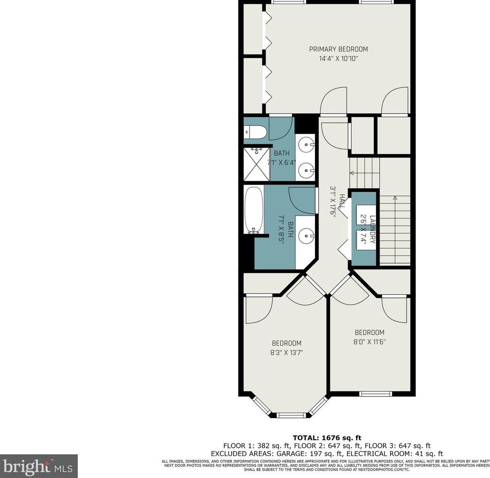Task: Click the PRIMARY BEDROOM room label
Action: point(338,49)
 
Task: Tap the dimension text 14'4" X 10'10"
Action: point(338,59)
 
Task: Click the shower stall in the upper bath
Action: point(256,164)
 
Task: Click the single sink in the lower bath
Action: point(306,237)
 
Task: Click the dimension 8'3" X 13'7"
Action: point(286,353)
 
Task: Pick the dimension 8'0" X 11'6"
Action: point(369,342)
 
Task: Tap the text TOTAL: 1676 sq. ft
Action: point(327,438)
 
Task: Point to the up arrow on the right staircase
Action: point(395,198)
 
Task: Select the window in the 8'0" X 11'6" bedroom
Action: point(375,393)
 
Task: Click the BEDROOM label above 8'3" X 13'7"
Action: point(286,343)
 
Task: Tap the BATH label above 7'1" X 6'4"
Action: point(282,153)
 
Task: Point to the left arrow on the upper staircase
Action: point(352,173)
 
